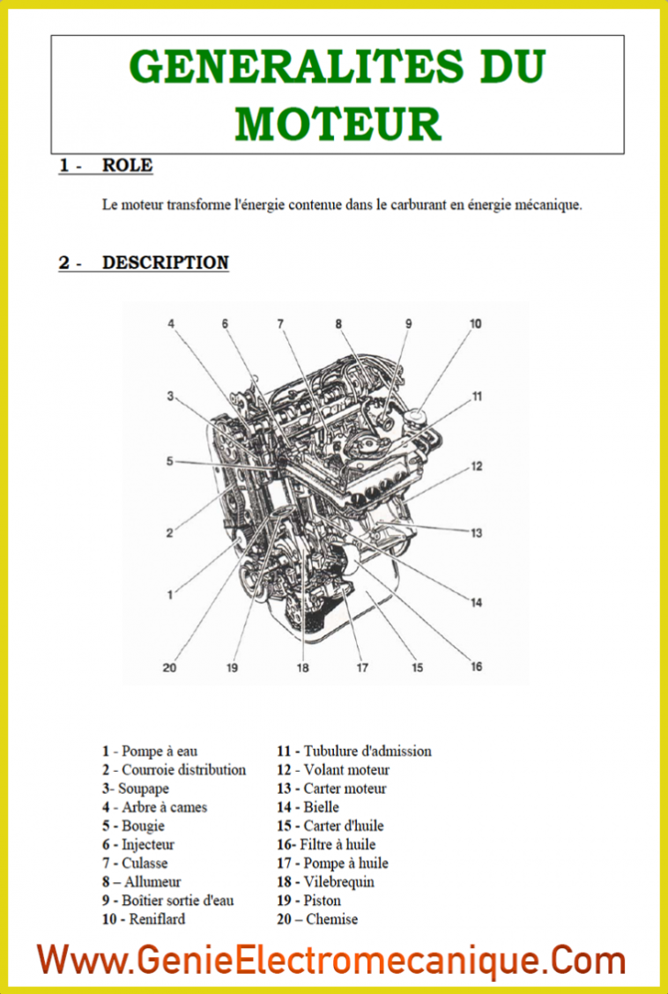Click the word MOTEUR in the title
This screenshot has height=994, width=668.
[x=338, y=123]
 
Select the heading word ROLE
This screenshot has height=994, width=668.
[x=127, y=165]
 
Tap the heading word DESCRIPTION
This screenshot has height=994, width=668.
[x=166, y=263]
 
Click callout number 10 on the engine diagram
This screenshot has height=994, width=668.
[x=475, y=324]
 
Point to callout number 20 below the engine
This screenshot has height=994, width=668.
[x=169, y=667]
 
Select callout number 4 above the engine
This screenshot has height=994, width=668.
[x=172, y=324]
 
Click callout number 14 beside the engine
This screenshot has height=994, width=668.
[x=476, y=603]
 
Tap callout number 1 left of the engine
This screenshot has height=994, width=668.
[x=170, y=596]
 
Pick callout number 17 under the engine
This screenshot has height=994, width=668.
[x=361, y=667]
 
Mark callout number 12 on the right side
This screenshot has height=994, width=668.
[x=476, y=466]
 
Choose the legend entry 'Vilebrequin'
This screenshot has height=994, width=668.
[x=339, y=882]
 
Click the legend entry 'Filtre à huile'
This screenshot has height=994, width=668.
[x=338, y=844]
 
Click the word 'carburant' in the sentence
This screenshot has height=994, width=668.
[x=424, y=205]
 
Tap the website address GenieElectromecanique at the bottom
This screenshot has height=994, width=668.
[x=331, y=959]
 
